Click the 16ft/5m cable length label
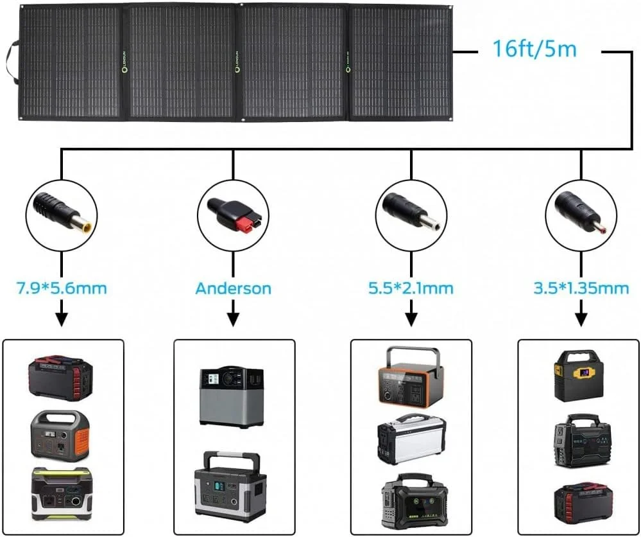click(534, 49)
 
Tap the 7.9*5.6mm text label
click(61, 287)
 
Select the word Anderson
click(233, 288)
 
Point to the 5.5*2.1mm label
click(411, 287)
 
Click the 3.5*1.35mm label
click(581, 287)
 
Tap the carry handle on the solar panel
click(11, 62)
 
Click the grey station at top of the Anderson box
click(232, 396)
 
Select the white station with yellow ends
click(411, 439)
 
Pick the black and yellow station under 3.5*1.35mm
click(579, 376)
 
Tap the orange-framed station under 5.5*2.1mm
click(411, 378)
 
